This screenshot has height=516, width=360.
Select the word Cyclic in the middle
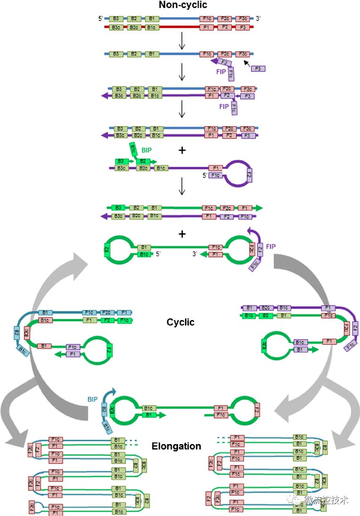pos(180,322)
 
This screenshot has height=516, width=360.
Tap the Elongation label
pos(176,446)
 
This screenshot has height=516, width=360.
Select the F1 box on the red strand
pos(207,28)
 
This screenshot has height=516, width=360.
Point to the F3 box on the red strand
pos(243,28)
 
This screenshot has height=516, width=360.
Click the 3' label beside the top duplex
pos(259,19)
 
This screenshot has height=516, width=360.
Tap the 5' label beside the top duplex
pos(101,19)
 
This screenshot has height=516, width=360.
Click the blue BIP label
pos(93,398)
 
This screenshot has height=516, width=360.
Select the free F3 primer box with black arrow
pos(258,69)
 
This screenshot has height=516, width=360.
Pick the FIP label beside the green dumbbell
pos(271,246)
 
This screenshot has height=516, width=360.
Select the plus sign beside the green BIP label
pos(183,150)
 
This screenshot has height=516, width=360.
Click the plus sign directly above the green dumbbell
pos(183,234)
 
